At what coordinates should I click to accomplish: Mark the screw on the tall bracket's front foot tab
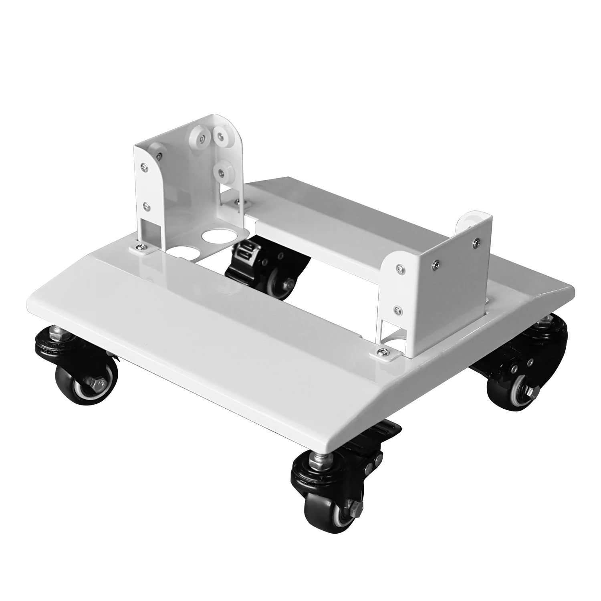[141, 247]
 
